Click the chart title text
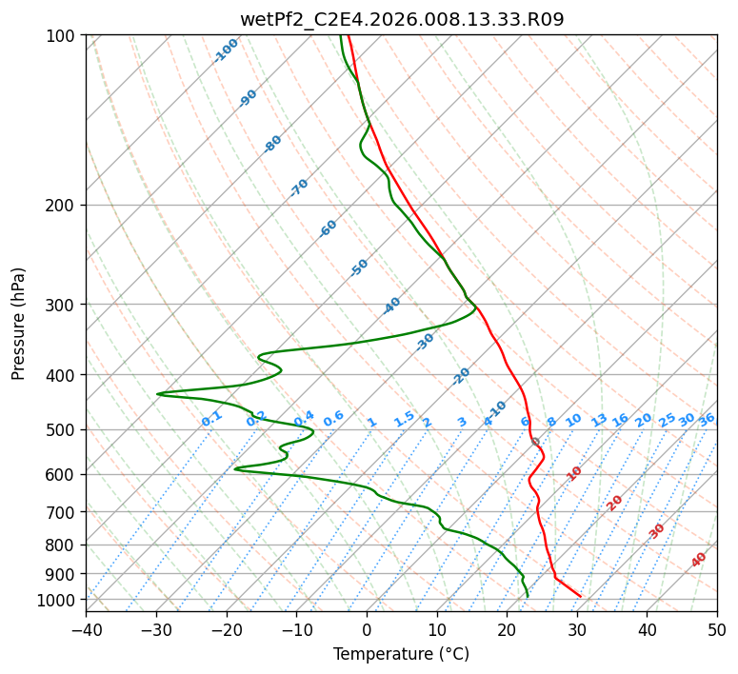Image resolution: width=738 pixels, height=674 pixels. [402, 19]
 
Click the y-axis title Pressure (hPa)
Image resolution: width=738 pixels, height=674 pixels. [18, 324]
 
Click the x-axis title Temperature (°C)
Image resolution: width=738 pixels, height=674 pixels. [402, 654]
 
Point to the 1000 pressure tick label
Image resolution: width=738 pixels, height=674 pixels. [57, 600]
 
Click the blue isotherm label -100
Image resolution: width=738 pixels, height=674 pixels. [226, 50]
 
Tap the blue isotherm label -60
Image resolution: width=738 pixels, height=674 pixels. [328, 228]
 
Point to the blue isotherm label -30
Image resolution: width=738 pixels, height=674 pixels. [425, 342]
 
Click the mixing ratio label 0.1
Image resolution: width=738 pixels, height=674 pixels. [211, 419]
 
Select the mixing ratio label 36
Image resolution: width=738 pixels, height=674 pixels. [707, 420]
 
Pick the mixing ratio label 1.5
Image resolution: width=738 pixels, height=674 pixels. [404, 419]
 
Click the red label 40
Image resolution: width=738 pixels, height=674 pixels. [698, 560]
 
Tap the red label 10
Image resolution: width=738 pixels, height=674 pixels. [574, 473]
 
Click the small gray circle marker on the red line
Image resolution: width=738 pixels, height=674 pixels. [535, 442]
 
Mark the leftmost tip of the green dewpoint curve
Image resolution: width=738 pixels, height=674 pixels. [157, 393]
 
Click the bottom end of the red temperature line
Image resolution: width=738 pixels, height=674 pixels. [580, 596]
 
